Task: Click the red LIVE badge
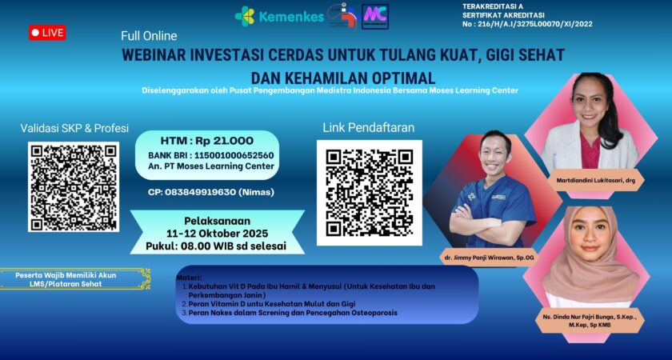48,33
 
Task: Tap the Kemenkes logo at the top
279,16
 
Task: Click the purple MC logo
375,15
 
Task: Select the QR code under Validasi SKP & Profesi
74,187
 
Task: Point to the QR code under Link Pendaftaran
369,192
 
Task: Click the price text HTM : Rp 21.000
206,140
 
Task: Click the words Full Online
149,36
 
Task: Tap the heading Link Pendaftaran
369,127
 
